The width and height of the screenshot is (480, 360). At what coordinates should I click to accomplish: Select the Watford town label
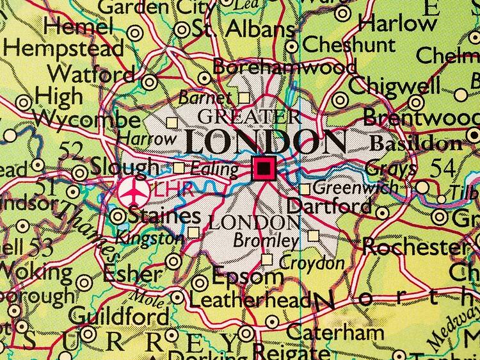click(95, 74)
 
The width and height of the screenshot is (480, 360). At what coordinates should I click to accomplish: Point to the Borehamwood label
click(284, 67)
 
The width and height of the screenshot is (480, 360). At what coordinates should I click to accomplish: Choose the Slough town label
click(124, 167)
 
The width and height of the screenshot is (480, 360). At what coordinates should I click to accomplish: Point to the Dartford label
click(330, 207)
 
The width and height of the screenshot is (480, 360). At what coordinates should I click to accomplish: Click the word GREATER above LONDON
click(249, 117)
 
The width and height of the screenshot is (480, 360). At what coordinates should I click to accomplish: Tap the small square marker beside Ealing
click(179, 168)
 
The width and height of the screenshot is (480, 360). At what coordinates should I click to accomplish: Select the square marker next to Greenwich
click(305, 189)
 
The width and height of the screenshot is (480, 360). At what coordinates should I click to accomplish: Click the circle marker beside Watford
click(149, 82)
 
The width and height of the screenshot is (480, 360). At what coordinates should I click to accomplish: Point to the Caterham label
click(335, 332)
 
